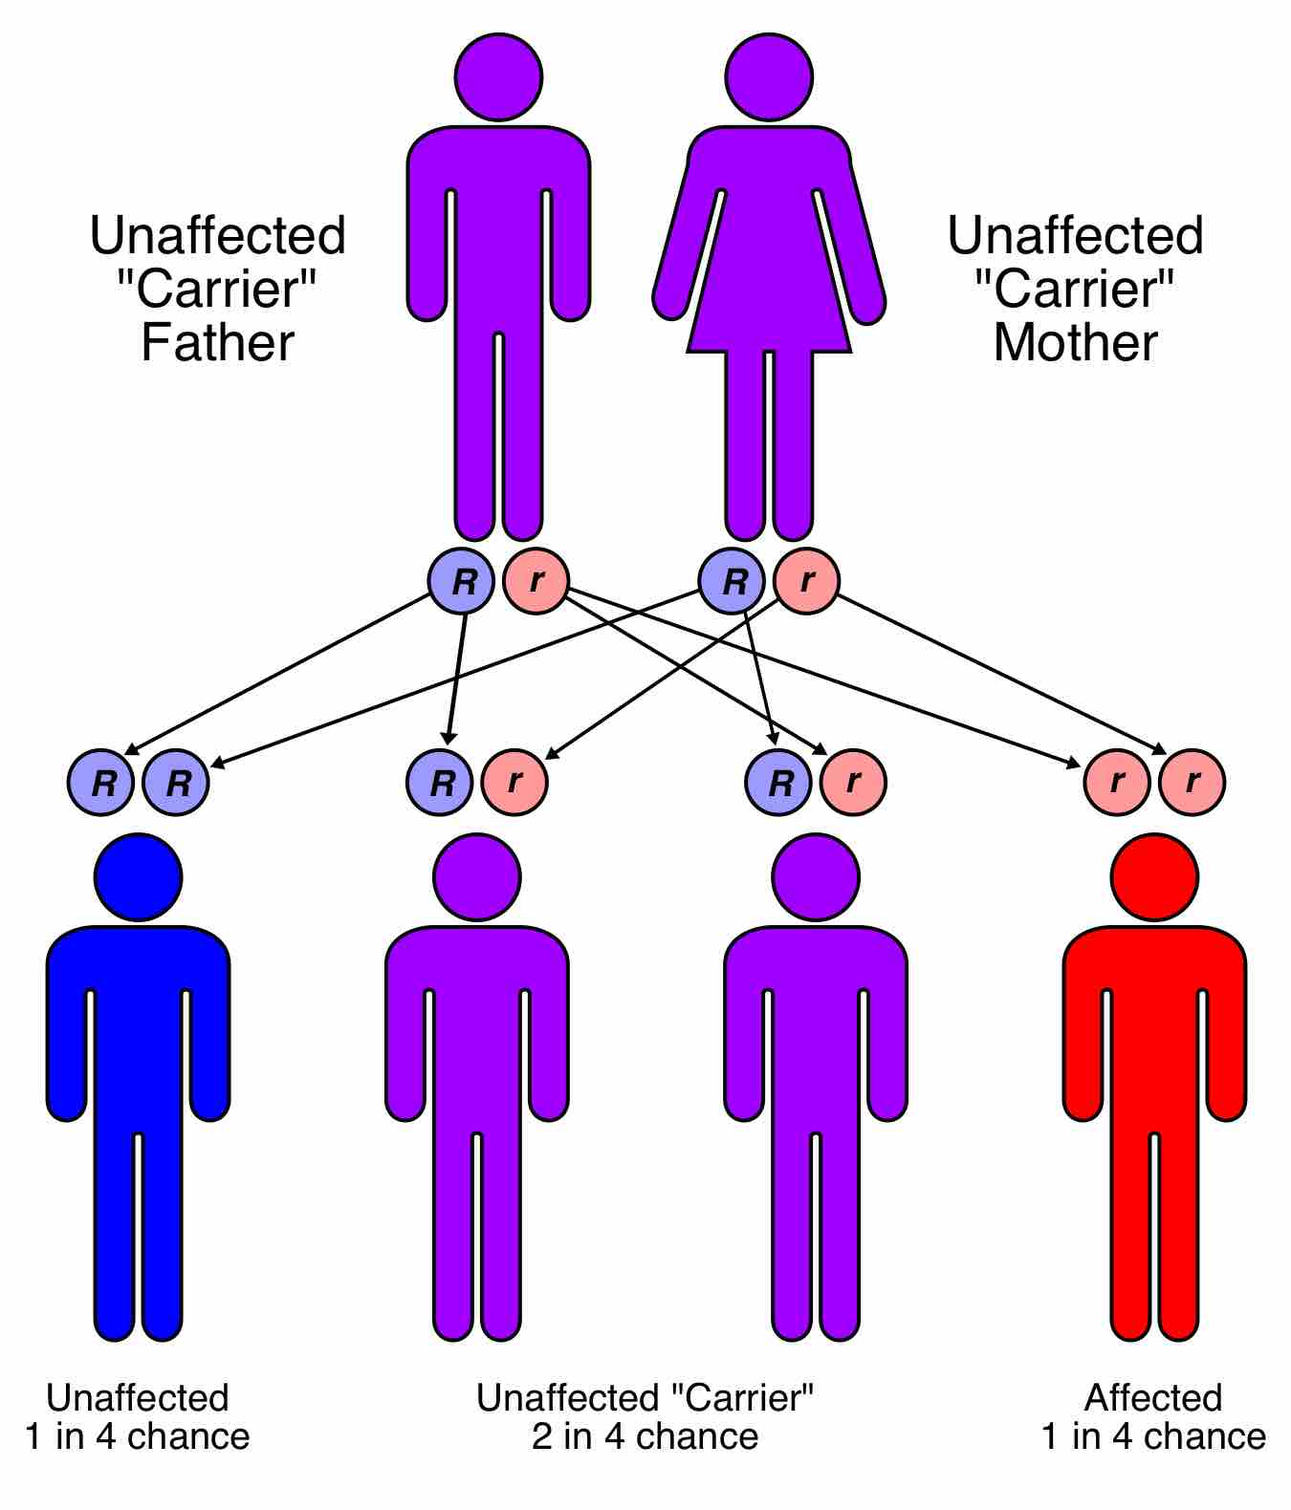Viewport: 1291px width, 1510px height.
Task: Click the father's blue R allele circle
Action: tap(461, 580)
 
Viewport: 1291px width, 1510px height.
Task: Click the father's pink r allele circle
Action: tap(536, 580)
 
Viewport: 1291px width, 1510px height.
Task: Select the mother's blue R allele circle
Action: tap(733, 580)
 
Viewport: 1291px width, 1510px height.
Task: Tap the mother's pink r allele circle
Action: tap(806, 580)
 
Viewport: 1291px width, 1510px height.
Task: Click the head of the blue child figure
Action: tap(138, 877)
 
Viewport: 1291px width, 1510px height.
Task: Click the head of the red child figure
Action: tap(1154, 877)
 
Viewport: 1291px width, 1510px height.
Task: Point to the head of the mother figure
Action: tap(770, 76)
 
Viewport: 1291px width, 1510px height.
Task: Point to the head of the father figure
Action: tap(498, 76)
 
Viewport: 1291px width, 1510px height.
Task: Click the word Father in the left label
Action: tap(217, 342)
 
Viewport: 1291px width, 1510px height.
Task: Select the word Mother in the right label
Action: tap(1075, 342)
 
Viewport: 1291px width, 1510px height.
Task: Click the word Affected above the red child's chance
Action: tap(1153, 1398)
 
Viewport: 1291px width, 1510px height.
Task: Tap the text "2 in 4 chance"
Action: tap(645, 1436)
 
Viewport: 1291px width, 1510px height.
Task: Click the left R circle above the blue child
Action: tap(100, 783)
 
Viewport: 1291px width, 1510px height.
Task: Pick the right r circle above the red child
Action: tap(1192, 783)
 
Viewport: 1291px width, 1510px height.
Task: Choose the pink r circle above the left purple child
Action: tap(514, 783)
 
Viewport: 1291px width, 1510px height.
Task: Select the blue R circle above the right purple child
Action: tap(778, 783)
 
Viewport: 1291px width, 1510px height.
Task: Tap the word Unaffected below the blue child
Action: tap(138, 1398)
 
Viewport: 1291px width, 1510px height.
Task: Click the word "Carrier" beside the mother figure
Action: tap(1075, 289)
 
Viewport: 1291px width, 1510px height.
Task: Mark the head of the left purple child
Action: tap(476, 877)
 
